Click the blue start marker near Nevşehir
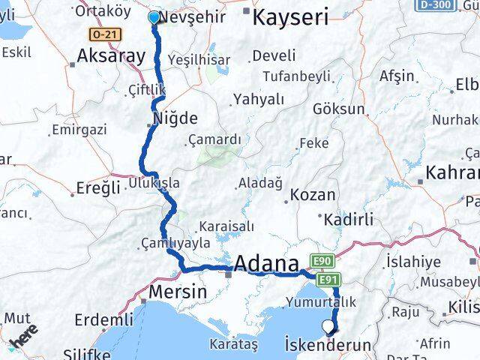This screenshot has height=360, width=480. (x=154, y=17)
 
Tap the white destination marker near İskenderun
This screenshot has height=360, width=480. (x=328, y=326)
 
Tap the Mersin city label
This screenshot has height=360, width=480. (x=178, y=291)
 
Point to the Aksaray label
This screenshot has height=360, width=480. (x=110, y=55)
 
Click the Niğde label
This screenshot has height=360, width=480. (x=175, y=118)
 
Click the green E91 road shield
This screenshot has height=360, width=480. (x=328, y=280)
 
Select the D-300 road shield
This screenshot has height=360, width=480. (x=435, y=4)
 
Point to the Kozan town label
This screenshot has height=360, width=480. (x=312, y=194)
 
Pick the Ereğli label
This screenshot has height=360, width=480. (x=98, y=187)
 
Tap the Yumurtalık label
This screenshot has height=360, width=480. (x=319, y=302)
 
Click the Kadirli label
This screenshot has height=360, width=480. (x=348, y=219)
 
